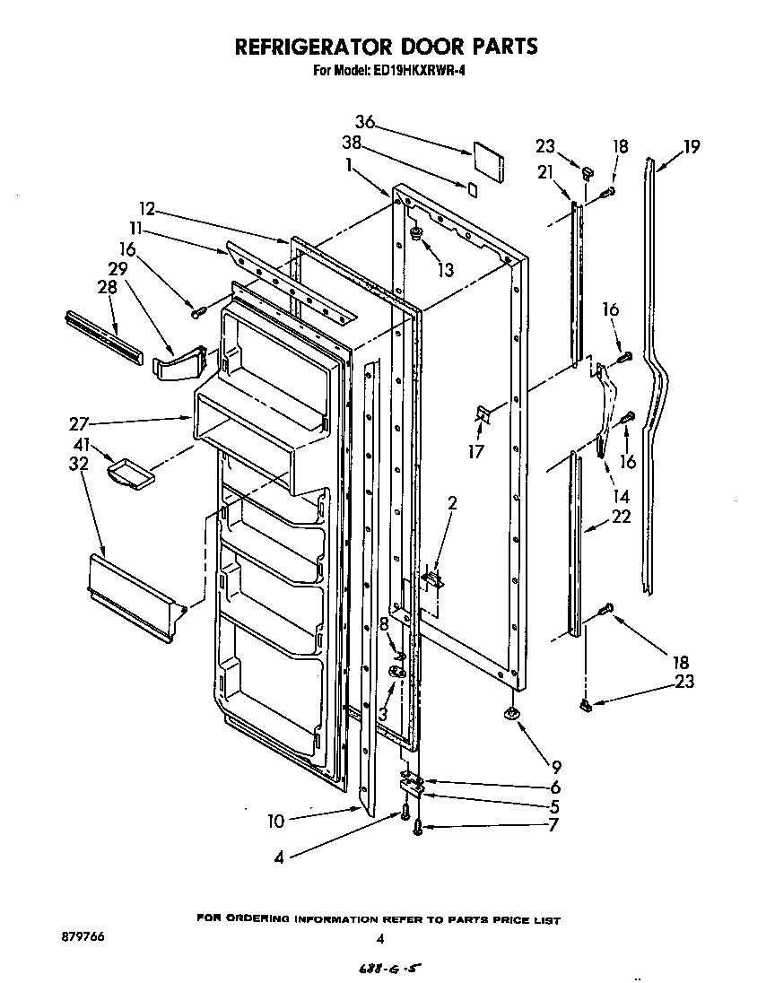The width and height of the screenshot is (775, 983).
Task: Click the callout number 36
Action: (364, 123)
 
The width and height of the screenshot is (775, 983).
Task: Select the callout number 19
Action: (691, 146)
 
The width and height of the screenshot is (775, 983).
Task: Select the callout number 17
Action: (476, 451)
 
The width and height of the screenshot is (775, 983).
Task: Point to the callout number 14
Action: (620, 496)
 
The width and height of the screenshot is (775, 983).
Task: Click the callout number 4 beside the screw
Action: (279, 857)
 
